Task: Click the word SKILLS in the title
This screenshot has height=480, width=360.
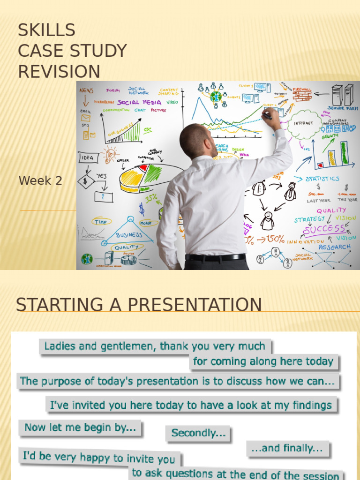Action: click(46, 30)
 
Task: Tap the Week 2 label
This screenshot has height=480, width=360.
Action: click(40, 180)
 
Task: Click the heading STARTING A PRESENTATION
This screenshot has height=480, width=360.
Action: click(139, 305)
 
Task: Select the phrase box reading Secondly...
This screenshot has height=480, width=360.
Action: click(198, 433)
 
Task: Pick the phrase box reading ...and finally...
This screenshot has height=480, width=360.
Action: click(287, 448)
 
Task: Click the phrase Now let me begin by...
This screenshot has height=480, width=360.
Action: click(80, 427)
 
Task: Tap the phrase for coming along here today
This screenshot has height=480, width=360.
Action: click(263, 361)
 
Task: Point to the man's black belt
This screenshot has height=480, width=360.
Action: click(215, 257)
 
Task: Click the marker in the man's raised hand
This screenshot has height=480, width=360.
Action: click(267, 114)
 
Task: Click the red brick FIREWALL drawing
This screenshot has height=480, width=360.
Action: click(302, 96)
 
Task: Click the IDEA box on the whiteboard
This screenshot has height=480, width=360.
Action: click(88, 158)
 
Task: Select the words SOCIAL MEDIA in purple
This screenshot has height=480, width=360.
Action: click(139, 103)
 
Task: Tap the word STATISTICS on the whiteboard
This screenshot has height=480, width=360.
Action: click(322, 179)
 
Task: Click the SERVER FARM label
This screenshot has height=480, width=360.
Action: click(343, 108)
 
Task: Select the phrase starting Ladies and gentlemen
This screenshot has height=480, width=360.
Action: click(155, 346)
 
